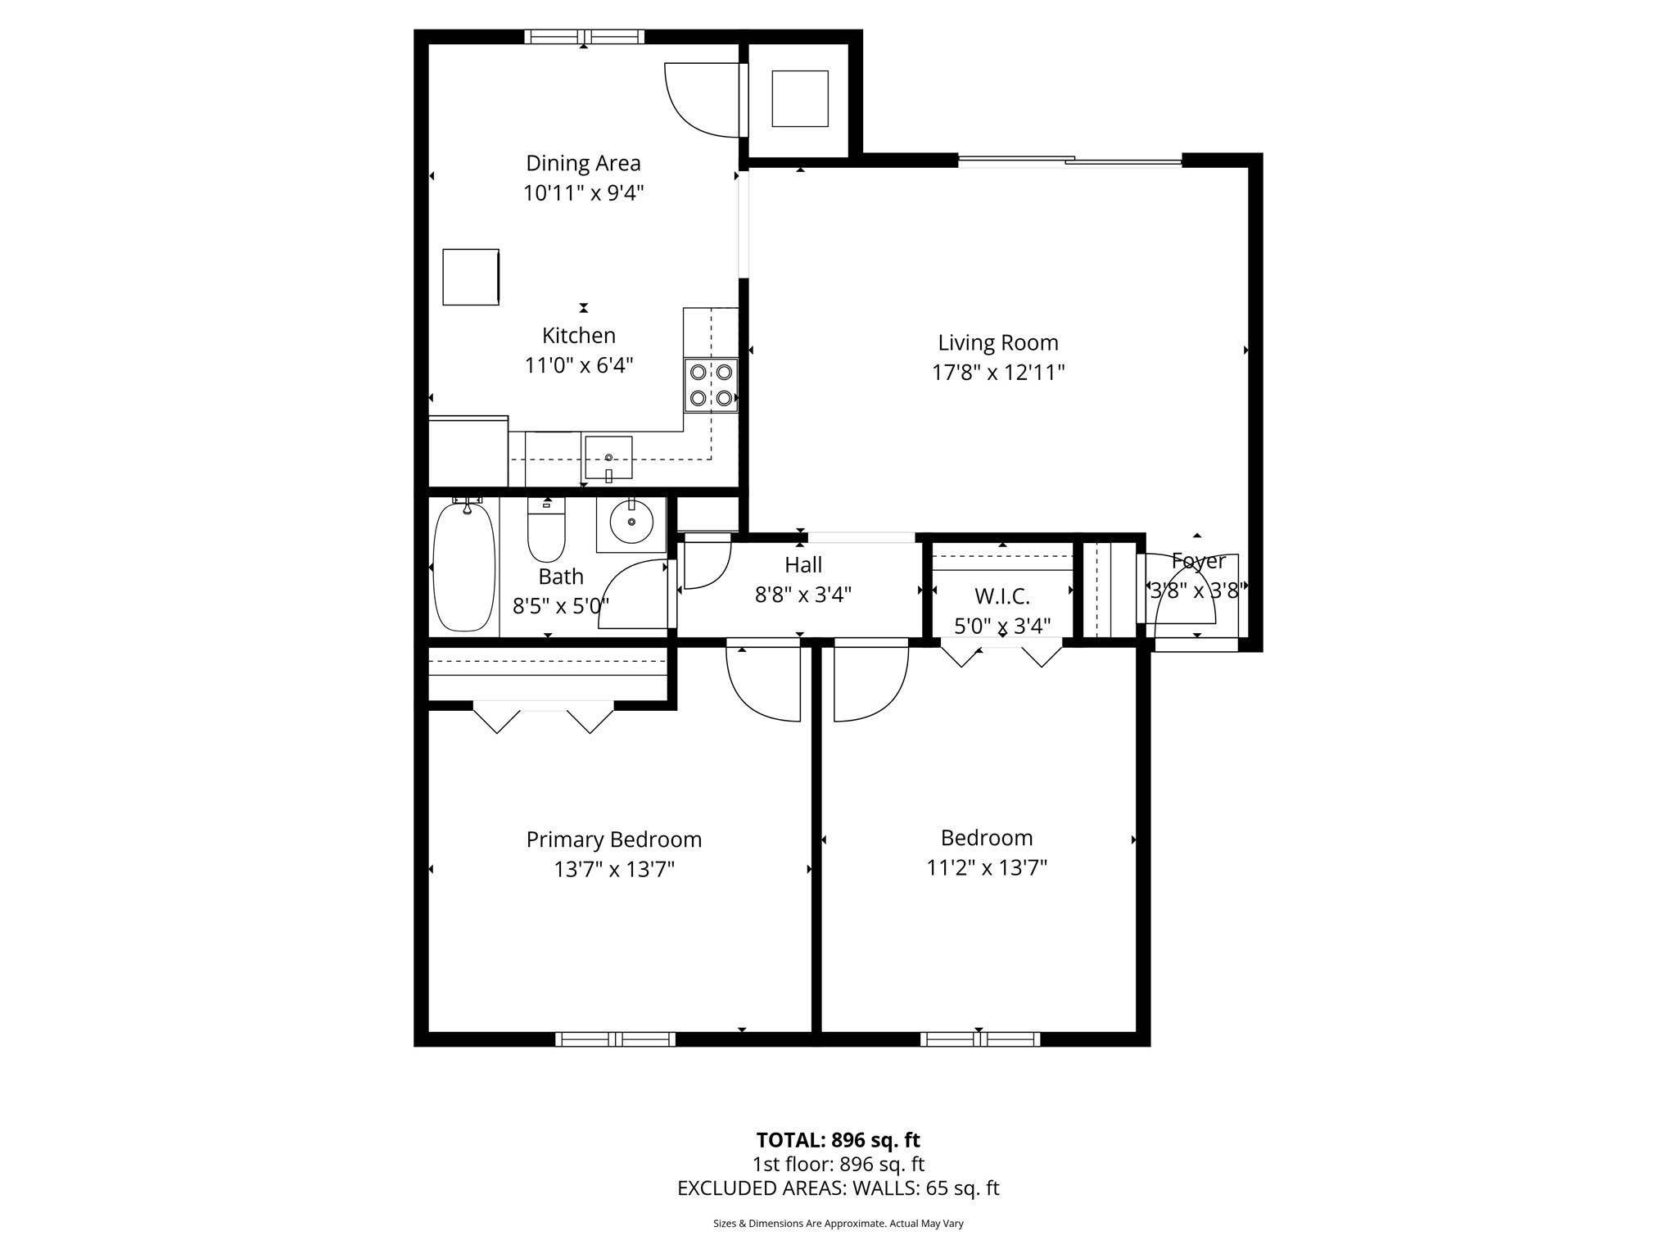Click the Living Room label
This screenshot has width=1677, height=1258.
[997, 342]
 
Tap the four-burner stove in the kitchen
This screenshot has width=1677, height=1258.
[711, 385]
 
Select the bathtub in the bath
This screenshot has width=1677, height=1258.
[463, 567]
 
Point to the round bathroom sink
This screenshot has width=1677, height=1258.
[631, 523]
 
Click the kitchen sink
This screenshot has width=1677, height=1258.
[608, 458]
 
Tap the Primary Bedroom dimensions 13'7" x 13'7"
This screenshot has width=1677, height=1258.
[613, 869]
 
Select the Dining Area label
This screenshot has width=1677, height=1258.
[583, 163]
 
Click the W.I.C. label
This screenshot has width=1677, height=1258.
[1001, 596]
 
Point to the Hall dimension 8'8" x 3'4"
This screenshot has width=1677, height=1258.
[802, 595]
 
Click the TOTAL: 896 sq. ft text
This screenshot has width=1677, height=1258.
[838, 1140]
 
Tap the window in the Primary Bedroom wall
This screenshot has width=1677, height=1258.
[615, 1039]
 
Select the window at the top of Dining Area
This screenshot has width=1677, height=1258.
[584, 37]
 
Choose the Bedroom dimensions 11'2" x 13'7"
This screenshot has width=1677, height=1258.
[987, 867]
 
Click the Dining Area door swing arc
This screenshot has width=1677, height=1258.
[696, 102]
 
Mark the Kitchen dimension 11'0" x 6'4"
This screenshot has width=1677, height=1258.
[579, 365]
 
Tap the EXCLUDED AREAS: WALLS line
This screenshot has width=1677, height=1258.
[838, 1188]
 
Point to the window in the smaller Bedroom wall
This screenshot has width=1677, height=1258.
[980, 1039]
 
